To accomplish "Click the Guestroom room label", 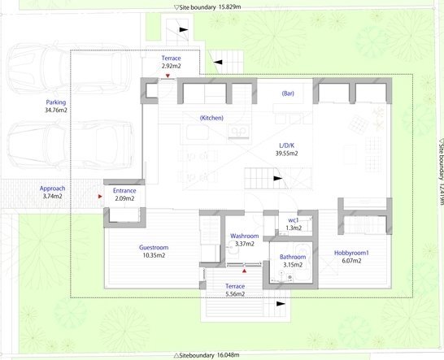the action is coord(154,247).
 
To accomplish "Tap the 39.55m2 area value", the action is coord(286,154).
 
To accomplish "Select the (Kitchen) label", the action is coord(211,118).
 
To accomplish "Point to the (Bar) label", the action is coord(288,93).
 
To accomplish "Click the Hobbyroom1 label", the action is coord(351,253).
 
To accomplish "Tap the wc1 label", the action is coord(294,220).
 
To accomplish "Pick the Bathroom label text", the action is coord(293,257).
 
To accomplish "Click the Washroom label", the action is coord(245,236).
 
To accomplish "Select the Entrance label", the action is coord(124,190).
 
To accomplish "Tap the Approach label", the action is coord(52,189).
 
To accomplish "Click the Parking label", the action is coord(56,102).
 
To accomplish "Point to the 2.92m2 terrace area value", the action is coord(171,66).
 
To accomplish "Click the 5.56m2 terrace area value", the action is coord(235,294).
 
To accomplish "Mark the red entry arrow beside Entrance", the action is coord(100,196).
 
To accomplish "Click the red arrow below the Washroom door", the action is coord(244,271).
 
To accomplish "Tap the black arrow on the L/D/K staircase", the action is coord(278,179).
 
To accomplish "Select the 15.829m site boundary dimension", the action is coord(229,7).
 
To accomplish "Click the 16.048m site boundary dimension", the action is coord(229,355).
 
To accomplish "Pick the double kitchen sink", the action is coord(239,132).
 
